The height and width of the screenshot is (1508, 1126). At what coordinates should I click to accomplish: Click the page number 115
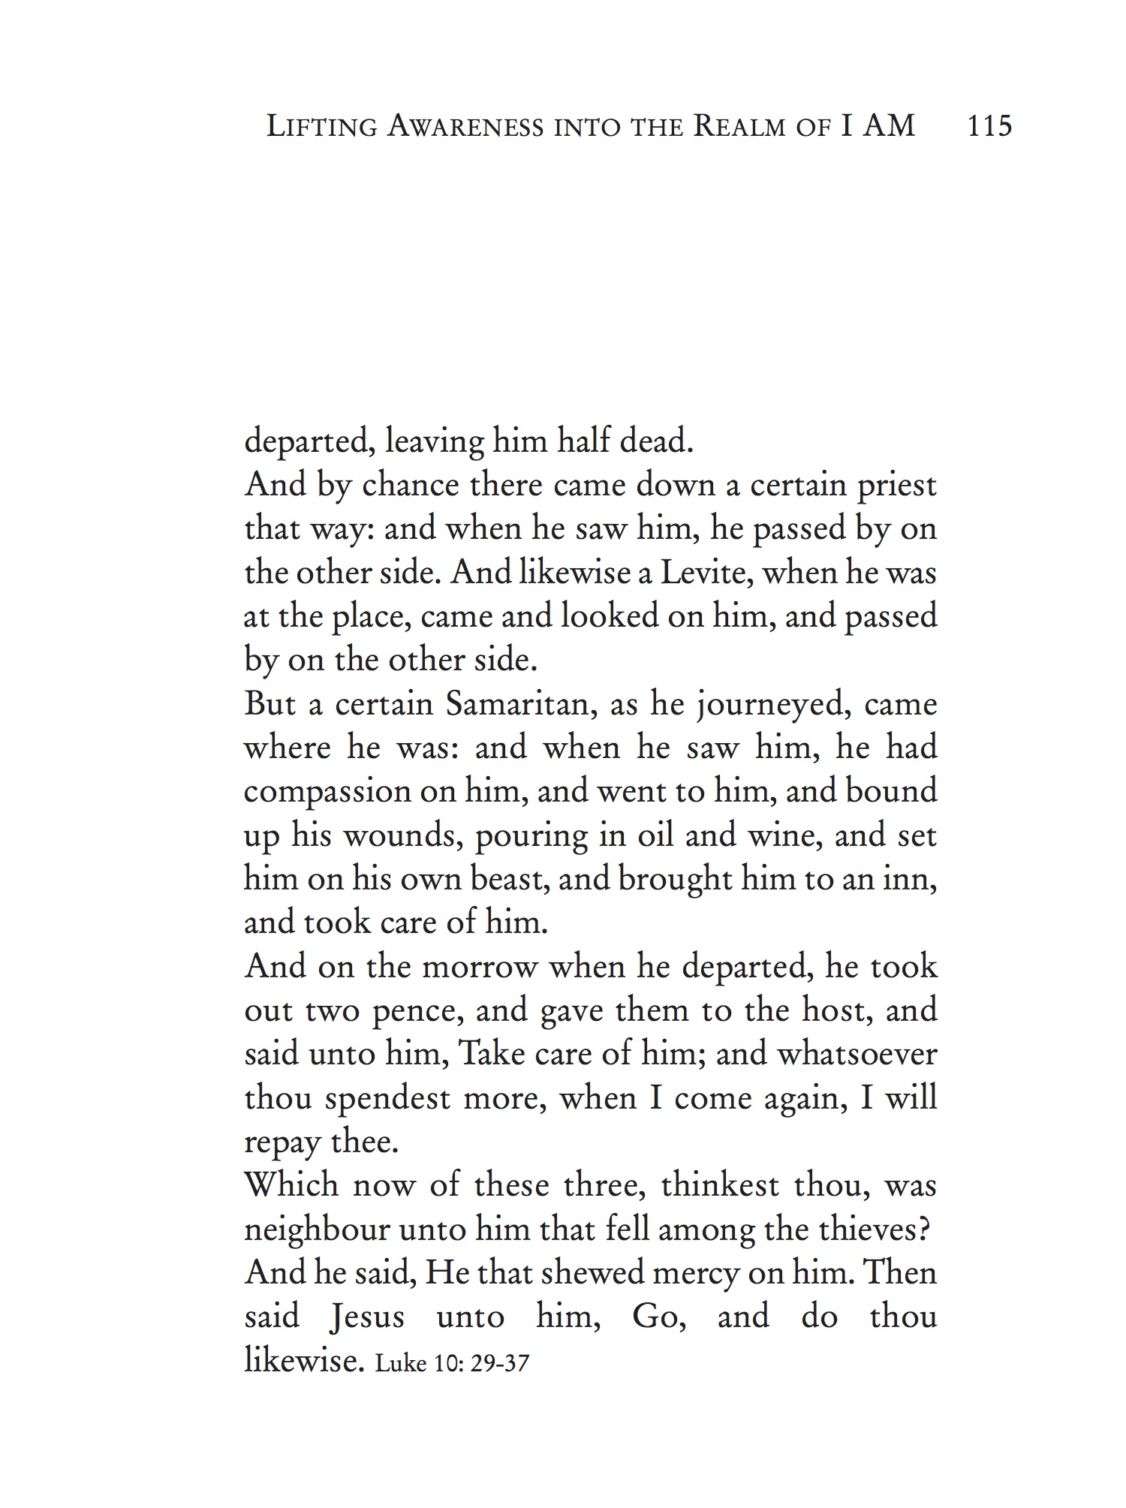[990, 126]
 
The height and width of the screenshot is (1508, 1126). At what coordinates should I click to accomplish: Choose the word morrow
[480, 967]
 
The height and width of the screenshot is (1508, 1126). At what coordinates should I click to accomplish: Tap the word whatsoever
[857, 1054]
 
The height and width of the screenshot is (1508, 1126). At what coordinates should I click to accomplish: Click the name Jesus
[367, 1317]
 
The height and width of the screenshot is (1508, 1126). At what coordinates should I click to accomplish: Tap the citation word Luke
[401, 1362]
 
